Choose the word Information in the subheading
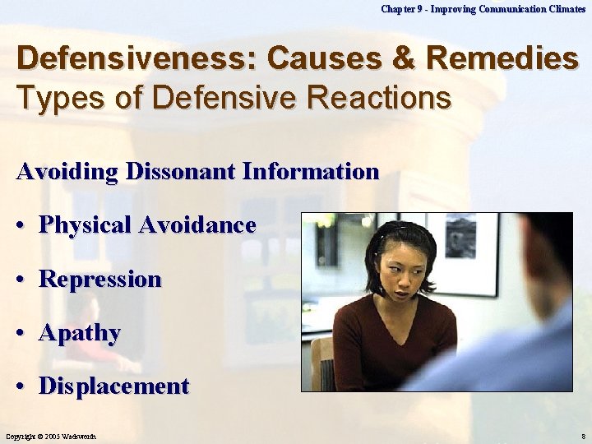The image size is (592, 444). click(x=310, y=171)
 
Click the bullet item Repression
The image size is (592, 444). click(x=99, y=279)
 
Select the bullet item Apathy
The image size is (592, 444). click(x=79, y=333)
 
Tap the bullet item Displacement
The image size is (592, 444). click(x=113, y=386)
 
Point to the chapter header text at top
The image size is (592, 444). click(x=483, y=8)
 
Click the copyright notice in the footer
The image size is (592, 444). click(x=51, y=435)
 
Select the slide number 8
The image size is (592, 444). click(x=582, y=435)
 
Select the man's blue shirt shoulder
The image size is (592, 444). click(x=518, y=354)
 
